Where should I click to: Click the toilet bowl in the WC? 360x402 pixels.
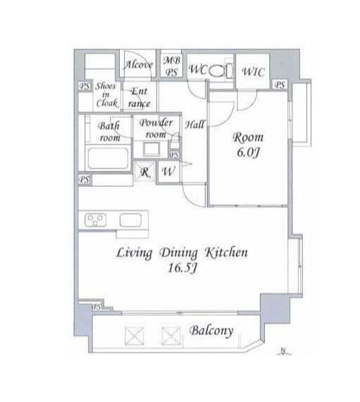click(x=216, y=71)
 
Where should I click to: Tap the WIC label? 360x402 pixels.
click(x=253, y=72)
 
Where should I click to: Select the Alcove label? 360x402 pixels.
click(x=138, y=65)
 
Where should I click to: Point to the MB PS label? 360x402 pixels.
click(x=172, y=66)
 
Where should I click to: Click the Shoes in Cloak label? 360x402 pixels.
click(x=106, y=95)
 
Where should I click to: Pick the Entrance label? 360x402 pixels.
click(x=139, y=97)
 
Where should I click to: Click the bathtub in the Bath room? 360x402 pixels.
click(x=108, y=158)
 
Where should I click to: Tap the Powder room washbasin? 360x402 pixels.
click(x=151, y=150)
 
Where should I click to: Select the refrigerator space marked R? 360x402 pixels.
click(x=145, y=172)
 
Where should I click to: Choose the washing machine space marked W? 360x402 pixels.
click(x=168, y=171)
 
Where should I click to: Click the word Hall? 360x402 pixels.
click(x=194, y=125)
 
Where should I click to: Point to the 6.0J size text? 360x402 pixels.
click(x=248, y=153)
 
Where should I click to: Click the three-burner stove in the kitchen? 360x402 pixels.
click(x=95, y=221)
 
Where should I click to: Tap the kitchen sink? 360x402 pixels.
click(x=130, y=220)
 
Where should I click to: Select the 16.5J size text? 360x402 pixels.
click(x=182, y=268)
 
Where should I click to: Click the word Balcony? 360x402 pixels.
click(x=211, y=331)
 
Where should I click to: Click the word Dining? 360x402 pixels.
click(x=178, y=253)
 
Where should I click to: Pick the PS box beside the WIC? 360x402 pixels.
click(x=280, y=85)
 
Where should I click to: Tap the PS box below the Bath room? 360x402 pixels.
click(x=85, y=179)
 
